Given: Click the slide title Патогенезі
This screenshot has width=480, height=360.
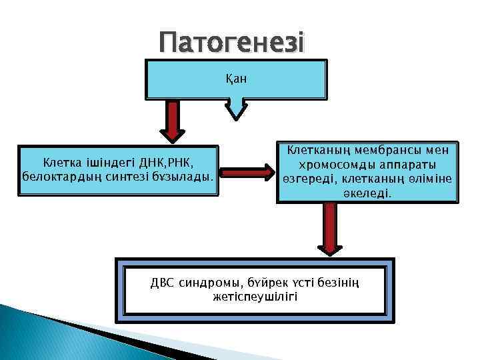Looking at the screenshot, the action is (x=231, y=44).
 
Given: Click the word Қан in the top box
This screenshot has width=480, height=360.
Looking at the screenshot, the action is (x=236, y=79).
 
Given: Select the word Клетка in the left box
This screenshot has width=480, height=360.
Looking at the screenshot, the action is (x=61, y=162).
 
